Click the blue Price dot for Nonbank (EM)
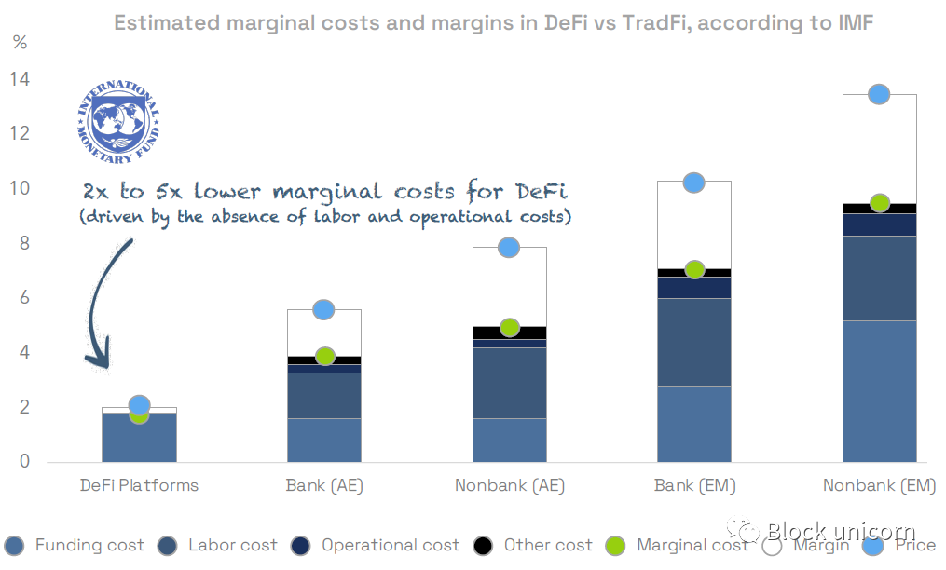tap(879, 94)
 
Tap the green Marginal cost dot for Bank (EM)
tap(694, 269)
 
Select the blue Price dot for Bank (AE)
tap(323, 309)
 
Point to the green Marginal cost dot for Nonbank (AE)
tap(509, 328)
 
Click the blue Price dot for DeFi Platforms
tap(139, 404)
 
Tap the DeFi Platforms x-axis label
tap(139, 485)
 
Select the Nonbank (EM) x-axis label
tap(879, 485)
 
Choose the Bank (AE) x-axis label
tap(323, 485)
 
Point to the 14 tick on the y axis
tap(20, 80)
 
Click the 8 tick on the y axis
tap(24, 244)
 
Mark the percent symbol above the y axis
tap(21, 43)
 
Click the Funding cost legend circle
tap(15, 546)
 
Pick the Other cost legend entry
tap(535, 546)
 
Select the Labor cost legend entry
tap(221, 546)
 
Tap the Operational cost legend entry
tap(378, 546)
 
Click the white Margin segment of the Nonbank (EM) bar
tap(879, 149)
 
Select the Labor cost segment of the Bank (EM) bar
tap(694, 341)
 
